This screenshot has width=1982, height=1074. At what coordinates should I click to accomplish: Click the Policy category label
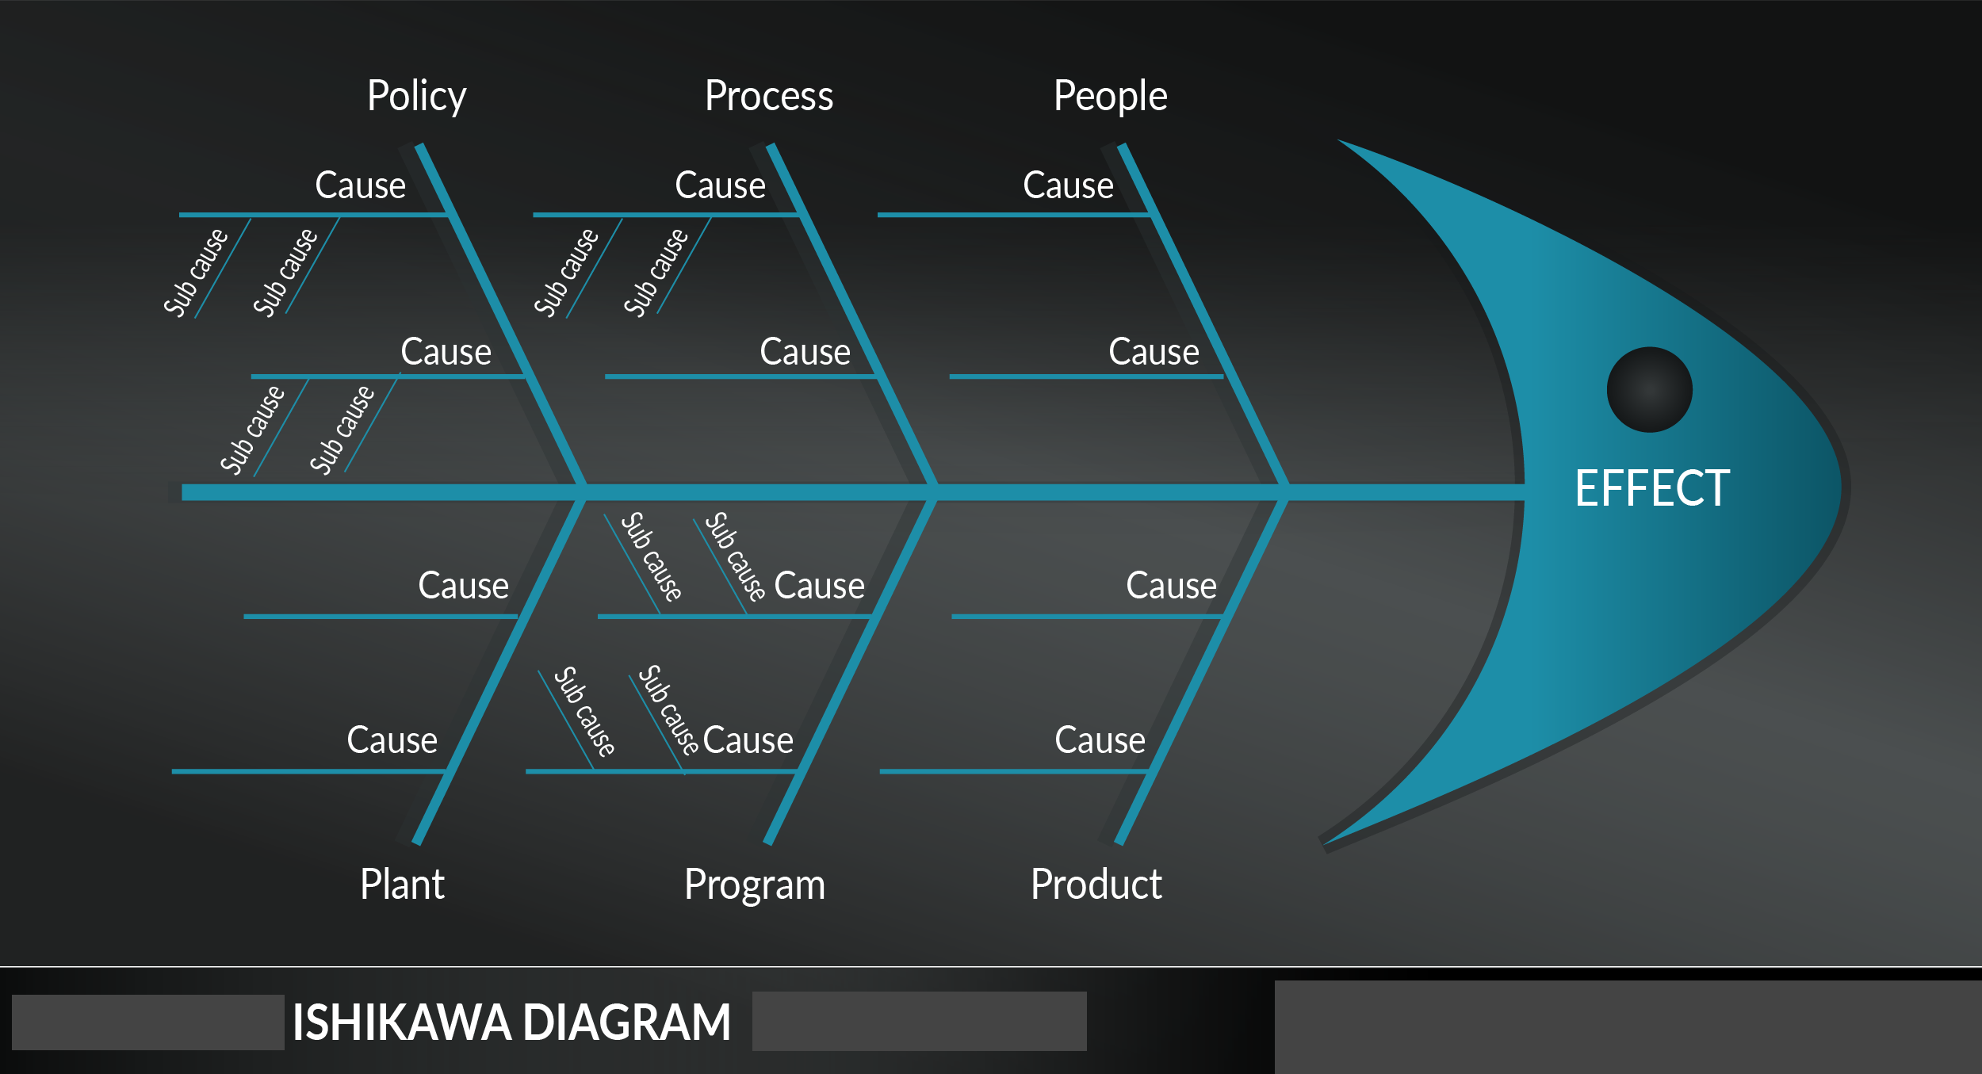click(416, 97)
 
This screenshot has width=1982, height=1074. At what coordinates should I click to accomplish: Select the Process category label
click(768, 97)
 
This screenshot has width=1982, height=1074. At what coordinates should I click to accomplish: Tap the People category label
click(1110, 97)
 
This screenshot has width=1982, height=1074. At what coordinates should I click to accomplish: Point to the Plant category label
click(402, 884)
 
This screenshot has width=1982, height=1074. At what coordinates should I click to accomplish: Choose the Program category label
click(754, 885)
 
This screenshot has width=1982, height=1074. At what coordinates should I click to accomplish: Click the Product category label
click(1096, 884)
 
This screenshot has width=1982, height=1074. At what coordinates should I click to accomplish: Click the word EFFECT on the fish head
click(1652, 488)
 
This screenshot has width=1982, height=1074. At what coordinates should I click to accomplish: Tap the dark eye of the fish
click(1649, 389)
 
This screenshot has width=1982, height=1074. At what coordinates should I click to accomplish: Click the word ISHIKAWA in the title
click(401, 1022)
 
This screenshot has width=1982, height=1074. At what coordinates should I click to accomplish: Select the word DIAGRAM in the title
click(626, 1022)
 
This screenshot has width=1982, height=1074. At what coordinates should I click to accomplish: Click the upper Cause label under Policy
click(360, 185)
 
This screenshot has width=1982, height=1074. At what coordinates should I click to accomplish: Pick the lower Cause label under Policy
click(446, 352)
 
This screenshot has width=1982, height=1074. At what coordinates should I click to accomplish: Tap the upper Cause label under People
click(1068, 185)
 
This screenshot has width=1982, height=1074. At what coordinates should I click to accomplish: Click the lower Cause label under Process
click(805, 352)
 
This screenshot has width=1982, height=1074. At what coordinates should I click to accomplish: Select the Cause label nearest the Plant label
click(392, 740)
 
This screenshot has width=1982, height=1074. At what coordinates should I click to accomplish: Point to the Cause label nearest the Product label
click(1100, 740)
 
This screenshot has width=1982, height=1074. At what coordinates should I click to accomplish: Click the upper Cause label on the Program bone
click(819, 586)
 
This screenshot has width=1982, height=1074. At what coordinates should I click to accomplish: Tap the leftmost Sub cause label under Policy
click(195, 273)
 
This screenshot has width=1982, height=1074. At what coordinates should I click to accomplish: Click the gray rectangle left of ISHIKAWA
click(147, 1022)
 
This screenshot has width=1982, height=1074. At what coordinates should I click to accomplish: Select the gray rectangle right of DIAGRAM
click(919, 1021)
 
